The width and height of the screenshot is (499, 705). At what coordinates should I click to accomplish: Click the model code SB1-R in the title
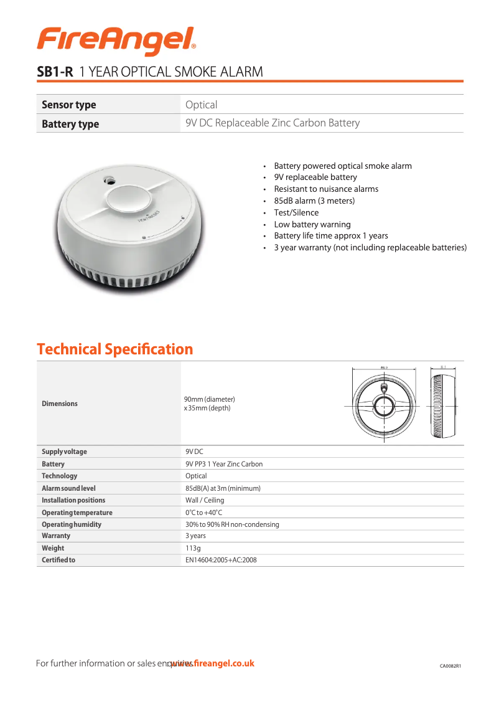point(55,72)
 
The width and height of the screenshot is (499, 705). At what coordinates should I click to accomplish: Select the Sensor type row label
point(68,105)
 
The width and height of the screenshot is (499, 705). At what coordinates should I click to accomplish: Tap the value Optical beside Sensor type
point(202,105)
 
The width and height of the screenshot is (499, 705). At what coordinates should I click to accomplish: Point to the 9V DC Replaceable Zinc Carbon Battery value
point(273,123)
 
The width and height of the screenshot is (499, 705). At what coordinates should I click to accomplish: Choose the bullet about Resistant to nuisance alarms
point(326,189)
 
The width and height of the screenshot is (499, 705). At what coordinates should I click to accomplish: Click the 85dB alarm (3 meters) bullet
point(314,201)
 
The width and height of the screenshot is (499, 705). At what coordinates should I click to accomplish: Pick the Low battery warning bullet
point(312,224)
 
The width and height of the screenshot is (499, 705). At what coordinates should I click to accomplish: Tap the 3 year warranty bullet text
point(370,248)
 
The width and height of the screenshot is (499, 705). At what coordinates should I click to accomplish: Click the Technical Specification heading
point(115,349)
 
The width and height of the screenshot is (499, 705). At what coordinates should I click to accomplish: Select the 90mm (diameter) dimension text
point(209,399)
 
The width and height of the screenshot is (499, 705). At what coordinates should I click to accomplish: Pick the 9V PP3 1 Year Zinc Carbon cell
point(224,464)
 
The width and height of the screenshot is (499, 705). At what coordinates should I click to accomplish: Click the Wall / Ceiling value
point(205,500)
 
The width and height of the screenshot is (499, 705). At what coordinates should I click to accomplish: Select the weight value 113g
point(193,548)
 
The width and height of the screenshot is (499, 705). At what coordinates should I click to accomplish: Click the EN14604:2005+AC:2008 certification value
point(221,560)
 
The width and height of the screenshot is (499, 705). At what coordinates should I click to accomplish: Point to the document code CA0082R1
point(450,666)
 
